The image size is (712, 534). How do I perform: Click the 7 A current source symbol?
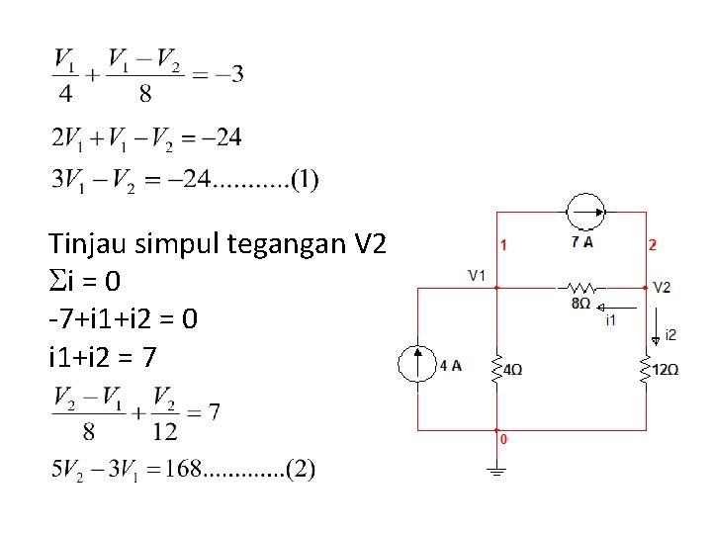click(582, 211)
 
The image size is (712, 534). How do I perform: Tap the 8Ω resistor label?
click(580, 304)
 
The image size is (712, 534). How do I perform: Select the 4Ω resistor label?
click(513, 370)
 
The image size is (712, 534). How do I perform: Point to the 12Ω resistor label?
click(666, 370)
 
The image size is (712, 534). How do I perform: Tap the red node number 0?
click(504, 439)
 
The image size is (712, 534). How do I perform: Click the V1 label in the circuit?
click(477, 274)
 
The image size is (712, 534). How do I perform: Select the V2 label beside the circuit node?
click(663, 287)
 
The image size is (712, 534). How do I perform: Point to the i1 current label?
click(610, 318)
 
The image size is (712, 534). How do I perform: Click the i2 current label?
click(670, 334)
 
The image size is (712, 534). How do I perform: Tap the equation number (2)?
click(301, 468)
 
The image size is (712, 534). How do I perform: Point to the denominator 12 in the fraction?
click(164, 431)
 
